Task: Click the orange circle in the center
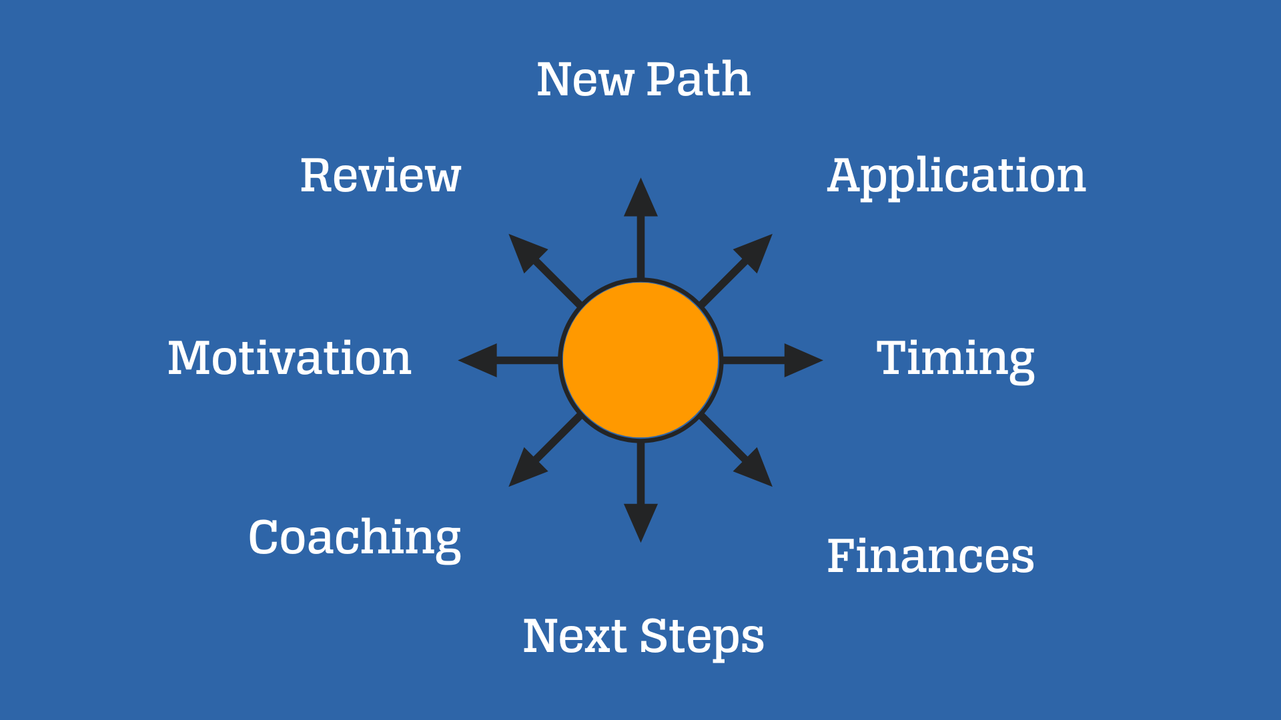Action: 640,360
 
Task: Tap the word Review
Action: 380,176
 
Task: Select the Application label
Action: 957,177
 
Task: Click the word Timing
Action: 955,361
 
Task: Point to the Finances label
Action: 931,556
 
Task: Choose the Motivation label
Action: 290,358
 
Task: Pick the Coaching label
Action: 355,539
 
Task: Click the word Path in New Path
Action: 699,79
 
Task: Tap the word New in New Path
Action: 585,79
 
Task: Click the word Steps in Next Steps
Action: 702,638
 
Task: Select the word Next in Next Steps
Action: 575,636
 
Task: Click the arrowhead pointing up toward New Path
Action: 640,197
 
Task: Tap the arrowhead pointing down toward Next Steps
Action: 640,523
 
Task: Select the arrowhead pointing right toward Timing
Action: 803,360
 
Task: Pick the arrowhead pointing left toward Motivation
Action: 478,360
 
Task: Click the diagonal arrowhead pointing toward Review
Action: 526,251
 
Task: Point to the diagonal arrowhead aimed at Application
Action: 755,251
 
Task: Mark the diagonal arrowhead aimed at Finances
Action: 755,469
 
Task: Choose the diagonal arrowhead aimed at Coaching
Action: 526,469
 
